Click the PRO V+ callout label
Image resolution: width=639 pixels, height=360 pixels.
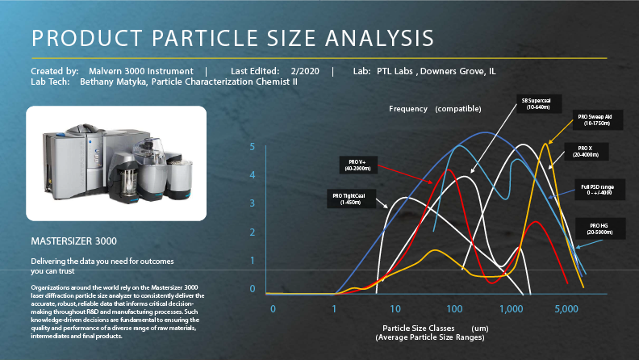pos(358,165)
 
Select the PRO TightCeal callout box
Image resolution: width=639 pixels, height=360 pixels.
pos(351,199)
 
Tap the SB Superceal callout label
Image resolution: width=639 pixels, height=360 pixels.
pos(539,103)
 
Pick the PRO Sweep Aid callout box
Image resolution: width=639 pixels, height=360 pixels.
pos(597,119)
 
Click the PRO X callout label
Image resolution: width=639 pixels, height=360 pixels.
pos(586,151)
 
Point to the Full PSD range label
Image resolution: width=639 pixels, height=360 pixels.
pos(599,190)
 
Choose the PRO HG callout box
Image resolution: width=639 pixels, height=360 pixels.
pos(600,228)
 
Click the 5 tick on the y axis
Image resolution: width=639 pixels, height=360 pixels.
pos(253,146)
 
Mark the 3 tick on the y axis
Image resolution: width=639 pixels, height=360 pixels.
pos(253,203)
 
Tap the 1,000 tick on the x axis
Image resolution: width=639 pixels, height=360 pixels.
pos(511,308)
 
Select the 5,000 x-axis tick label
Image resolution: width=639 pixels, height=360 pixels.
pos(566,308)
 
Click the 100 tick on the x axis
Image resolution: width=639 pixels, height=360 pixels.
pos(454,308)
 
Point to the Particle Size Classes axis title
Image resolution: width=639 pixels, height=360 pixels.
pos(419,328)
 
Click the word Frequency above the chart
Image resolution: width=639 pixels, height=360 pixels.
pos(408,109)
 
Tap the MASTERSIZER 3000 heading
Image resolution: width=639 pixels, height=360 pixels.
pos(73,241)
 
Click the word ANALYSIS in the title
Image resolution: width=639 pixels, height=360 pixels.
pos(379,38)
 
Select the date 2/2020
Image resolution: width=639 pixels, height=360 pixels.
pos(305,71)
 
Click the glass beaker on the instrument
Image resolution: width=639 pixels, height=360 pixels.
pos(130,182)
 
